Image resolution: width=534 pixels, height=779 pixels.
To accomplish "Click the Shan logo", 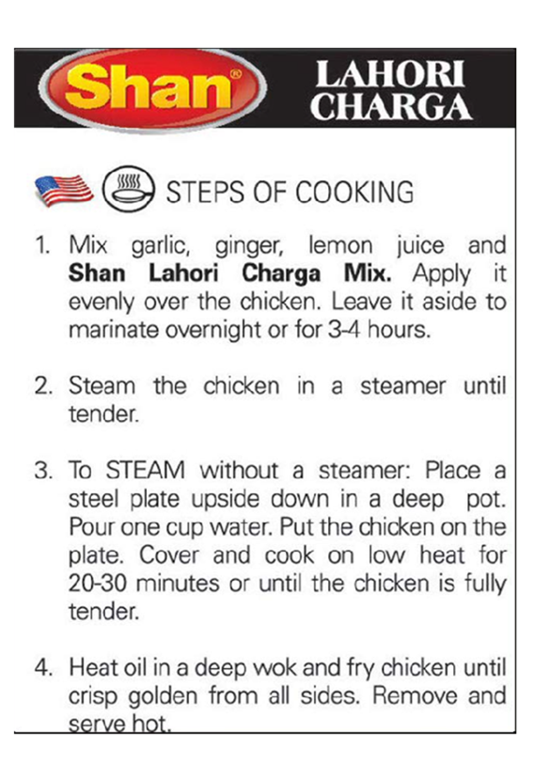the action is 151,89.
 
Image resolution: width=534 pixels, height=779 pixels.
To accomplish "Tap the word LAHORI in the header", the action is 390,74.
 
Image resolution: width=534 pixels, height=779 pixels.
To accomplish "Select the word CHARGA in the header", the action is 391,106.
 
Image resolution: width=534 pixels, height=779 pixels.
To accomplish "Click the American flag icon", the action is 64,191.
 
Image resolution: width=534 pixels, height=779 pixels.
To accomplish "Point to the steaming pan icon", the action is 128,189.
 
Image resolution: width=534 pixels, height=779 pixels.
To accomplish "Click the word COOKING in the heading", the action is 354,193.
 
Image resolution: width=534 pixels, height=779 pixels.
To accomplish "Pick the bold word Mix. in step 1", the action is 368,273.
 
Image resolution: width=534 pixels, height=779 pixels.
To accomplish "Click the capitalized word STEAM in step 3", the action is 145,471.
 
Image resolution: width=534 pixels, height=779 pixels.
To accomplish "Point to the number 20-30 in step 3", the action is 98,584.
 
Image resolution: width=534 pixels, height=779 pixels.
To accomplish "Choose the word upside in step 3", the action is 226,500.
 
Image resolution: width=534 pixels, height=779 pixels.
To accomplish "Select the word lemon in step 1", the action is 340,245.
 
